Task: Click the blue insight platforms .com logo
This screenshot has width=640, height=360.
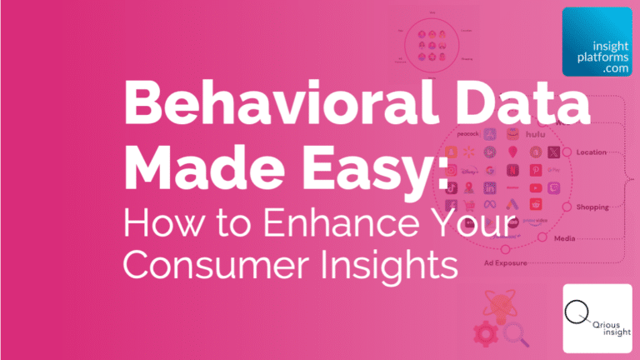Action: (597, 42)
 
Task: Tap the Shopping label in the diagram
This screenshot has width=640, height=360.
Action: (592, 207)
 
